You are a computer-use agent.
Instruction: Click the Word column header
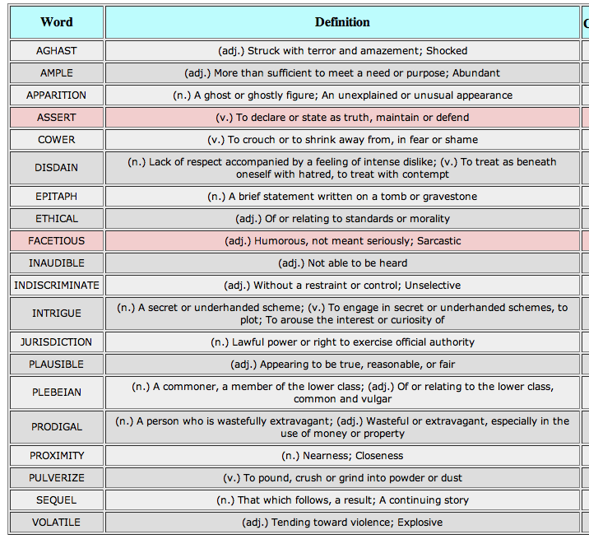click(57, 22)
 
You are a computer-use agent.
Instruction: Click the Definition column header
click(342, 22)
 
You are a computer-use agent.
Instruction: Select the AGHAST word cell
click(57, 51)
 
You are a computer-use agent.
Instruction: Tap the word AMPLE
click(57, 73)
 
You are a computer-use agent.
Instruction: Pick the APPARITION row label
click(57, 95)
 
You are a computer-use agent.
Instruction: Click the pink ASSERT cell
click(57, 118)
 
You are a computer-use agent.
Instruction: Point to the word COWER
click(57, 139)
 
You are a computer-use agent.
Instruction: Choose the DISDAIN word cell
click(57, 168)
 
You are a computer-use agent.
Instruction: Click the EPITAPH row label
click(57, 196)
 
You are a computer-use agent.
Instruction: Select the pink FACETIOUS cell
click(57, 240)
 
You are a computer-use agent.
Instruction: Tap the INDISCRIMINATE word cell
click(57, 285)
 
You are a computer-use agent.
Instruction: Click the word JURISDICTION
click(57, 342)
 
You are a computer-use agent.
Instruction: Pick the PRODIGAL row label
click(57, 426)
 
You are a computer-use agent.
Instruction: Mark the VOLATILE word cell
click(57, 522)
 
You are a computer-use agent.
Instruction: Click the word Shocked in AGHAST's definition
click(447, 51)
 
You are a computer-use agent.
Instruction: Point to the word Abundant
click(476, 73)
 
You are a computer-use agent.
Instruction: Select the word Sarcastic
click(438, 240)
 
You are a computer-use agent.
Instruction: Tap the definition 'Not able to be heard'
click(357, 263)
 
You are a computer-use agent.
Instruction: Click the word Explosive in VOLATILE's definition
click(420, 523)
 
